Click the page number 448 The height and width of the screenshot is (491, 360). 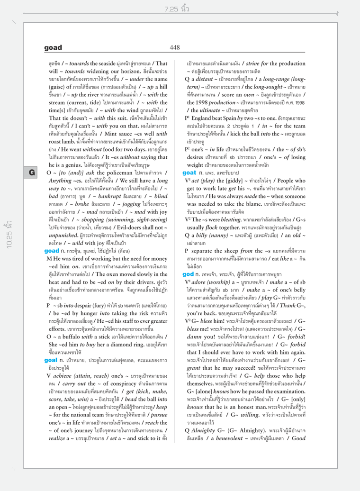(175, 47)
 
